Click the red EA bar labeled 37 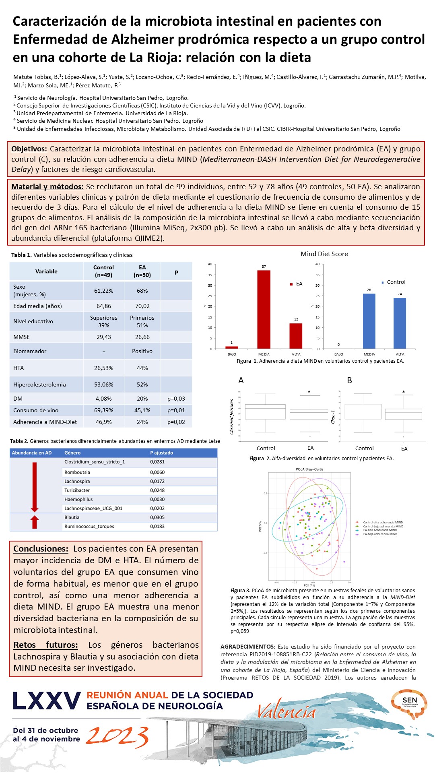[x=264, y=309]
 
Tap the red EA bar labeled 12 [x=296, y=336]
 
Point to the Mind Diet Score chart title [x=324, y=254]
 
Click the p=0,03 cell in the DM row [x=176, y=399]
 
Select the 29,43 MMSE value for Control [x=103, y=337]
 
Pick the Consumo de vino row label [x=36, y=410]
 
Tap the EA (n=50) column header [x=142, y=271]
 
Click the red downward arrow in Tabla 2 [x=35, y=487]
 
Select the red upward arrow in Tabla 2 [x=35, y=522]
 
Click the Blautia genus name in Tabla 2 [x=72, y=517]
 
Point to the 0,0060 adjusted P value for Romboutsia [x=157, y=472]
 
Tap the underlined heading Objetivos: [x=29, y=149]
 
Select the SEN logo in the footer [x=409, y=703]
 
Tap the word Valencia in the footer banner [x=286, y=712]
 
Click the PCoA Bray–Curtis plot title [x=309, y=469]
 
